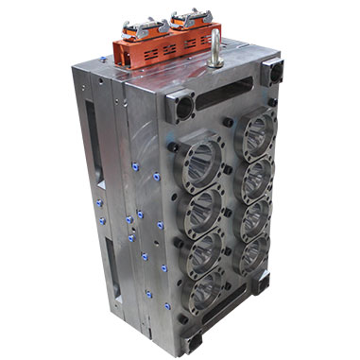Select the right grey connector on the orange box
[190, 18]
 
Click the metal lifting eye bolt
[216, 47]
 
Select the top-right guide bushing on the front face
[272, 70]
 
